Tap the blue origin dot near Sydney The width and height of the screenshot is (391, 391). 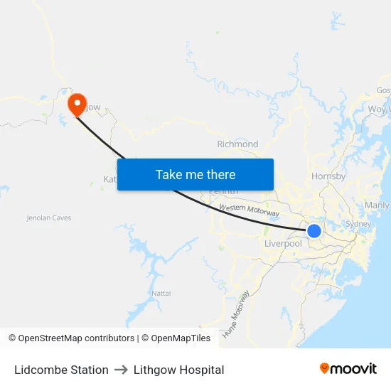tap(314, 230)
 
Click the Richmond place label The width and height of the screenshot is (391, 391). tap(237, 144)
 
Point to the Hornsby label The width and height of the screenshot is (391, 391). tap(328, 176)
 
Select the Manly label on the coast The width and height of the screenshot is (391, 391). tap(376, 205)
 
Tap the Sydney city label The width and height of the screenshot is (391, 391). tap(358, 224)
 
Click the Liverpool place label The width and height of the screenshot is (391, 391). tap(283, 244)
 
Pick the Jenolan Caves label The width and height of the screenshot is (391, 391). tap(49, 218)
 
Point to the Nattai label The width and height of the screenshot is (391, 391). tap(161, 293)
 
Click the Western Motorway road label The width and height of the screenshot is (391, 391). tap(249, 210)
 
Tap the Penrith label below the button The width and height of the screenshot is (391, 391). tap(223, 192)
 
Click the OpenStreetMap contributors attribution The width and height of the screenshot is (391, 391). tap(71, 338)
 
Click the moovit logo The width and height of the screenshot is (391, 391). tap(348, 369)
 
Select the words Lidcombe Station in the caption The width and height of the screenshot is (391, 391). tap(61, 370)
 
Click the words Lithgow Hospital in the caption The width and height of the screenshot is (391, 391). tap(178, 370)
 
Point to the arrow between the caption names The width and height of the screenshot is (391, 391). tap(121, 370)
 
